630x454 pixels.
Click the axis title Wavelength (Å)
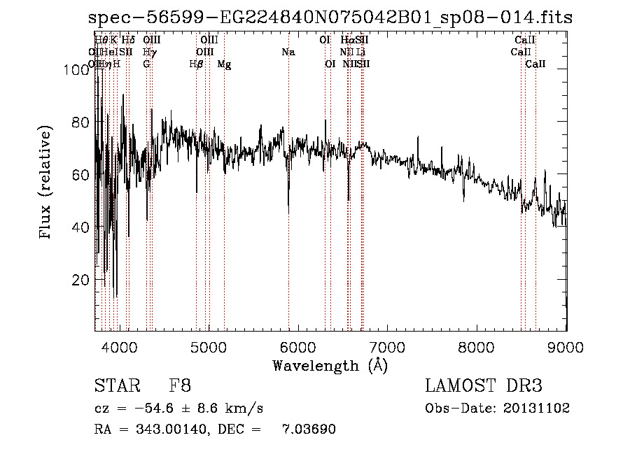[x=330, y=365]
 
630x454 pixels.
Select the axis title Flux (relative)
[x=47, y=183]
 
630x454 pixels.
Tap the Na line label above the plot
[x=288, y=52]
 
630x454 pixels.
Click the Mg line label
[x=224, y=64]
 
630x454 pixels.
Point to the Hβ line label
[x=196, y=64]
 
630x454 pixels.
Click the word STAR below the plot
[x=116, y=386]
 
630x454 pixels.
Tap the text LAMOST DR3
[x=484, y=386]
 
